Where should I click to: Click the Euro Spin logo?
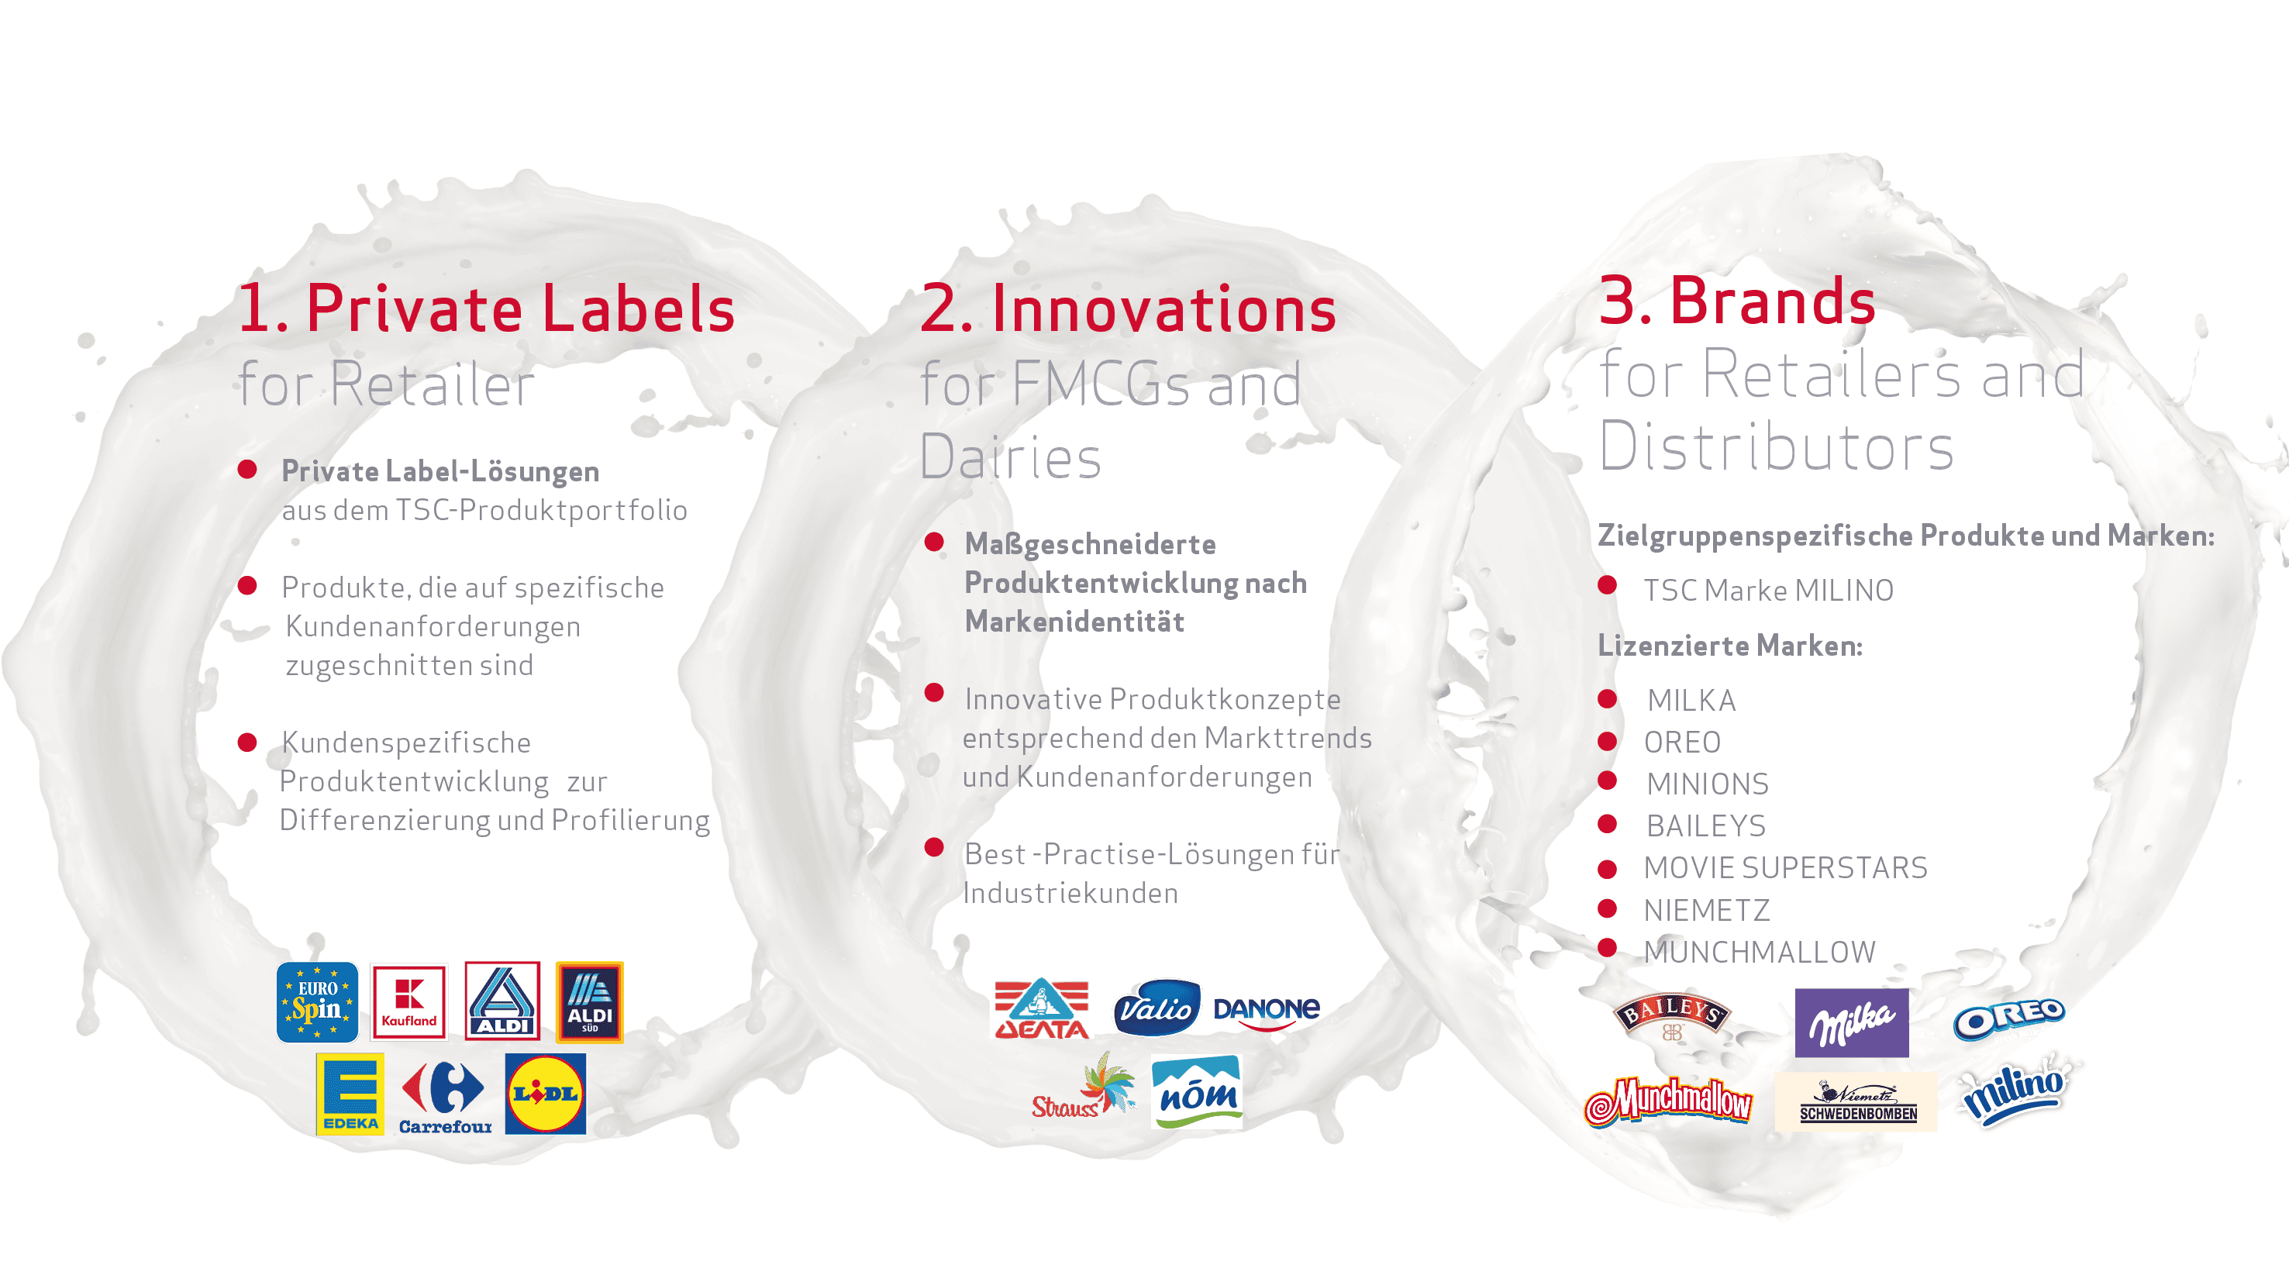317,1001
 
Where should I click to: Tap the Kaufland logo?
409,1001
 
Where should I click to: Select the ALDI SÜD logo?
589,1001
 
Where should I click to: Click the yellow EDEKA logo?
350,1094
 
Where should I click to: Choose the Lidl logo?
546,1094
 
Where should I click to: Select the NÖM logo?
1196,1092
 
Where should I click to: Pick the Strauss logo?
1083,1086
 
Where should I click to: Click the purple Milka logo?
1851,1022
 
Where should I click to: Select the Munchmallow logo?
1668,1101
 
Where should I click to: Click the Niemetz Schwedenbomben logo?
1856,1101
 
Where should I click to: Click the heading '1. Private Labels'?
487,308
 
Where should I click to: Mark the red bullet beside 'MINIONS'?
1607,780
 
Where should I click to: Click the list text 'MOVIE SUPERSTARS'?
1785,867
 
